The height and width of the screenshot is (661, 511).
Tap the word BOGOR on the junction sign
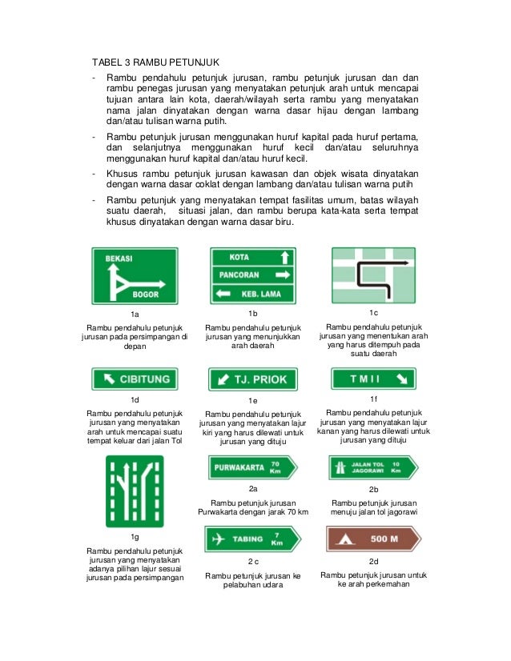pyautogui.click(x=147, y=294)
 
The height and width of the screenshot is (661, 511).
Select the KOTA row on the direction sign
pyautogui.click(x=239, y=258)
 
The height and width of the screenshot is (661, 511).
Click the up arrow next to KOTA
pyautogui.click(x=282, y=258)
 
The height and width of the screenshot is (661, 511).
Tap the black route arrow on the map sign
pyautogui.click(x=372, y=272)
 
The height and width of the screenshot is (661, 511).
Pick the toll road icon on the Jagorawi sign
pyautogui.click(x=343, y=466)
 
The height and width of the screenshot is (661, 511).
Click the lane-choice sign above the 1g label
pyautogui.click(x=134, y=492)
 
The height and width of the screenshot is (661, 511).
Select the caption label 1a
pyautogui.click(x=135, y=314)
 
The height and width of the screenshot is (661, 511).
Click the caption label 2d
pyautogui.click(x=373, y=561)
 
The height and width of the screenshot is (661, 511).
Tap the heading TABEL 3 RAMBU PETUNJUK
pyautogui.click(x=155, y=62)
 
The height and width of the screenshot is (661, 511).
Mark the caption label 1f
pyautogui.click(x=374, y=398)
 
